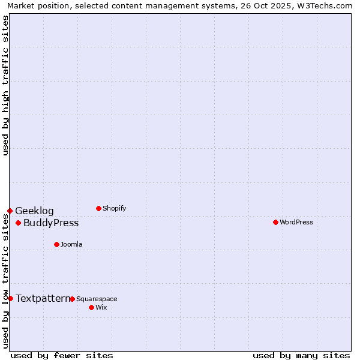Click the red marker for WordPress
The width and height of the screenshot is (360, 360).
coord(275,222)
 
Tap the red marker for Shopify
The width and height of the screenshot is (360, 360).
coord(98,208)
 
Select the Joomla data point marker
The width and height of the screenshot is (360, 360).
coord(56,244)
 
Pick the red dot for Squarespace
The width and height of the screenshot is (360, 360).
coord(72,299)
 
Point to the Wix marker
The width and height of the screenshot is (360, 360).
coord(91,307)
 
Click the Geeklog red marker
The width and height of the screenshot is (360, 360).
coord(10,211)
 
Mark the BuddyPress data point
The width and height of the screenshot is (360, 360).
coord(18,223)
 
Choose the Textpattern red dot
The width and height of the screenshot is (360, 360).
coord(10,298)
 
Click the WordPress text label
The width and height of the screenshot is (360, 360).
coord(296,222)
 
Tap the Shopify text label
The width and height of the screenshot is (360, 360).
coord(115,208)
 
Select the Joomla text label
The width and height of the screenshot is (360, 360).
coord(71,244)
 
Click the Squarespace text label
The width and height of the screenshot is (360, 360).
coord(97,299)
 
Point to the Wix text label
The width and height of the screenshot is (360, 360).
coord(101,307)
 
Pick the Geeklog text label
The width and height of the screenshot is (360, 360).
coord(34,211)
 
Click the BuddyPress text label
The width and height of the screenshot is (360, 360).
coord(51,223)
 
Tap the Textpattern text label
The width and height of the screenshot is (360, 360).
coord(43,298)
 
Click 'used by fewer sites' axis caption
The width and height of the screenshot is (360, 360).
coord(62,355)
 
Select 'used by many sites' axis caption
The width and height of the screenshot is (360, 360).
coord(301,355)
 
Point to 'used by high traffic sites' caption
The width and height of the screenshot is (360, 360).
coord(5,85)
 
